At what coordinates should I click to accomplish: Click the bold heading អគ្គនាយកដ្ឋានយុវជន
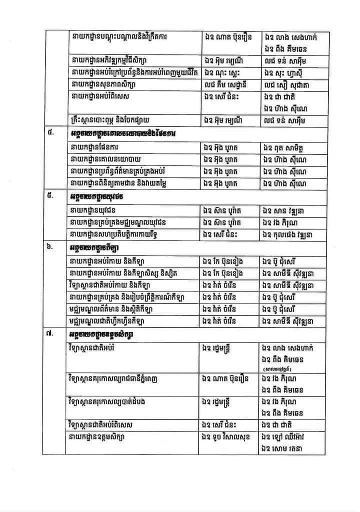click(x=97, y=196)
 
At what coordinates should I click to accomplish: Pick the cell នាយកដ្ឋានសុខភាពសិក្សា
click(x=102, y=84)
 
